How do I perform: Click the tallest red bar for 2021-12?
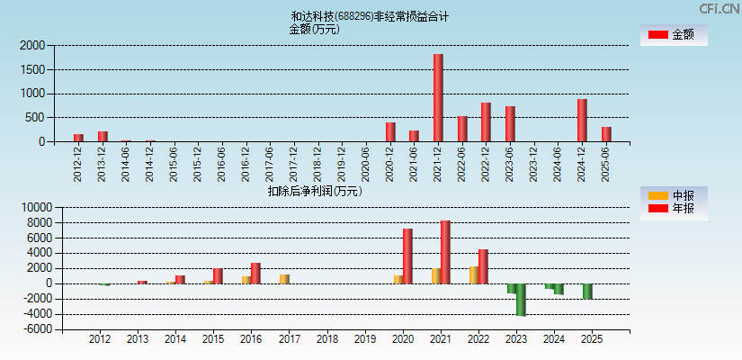pos(438,97)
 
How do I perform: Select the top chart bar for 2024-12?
pos(582,120)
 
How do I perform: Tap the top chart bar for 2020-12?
pos(390,131)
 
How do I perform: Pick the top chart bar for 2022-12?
pos(486,121)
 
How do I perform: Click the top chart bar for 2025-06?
pos(606,134)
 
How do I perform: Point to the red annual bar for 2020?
pos(407,256)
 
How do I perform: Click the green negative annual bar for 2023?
pos(521,300)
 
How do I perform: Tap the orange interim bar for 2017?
pos(284,279)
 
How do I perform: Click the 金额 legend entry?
pos(674,34)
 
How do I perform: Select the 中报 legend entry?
pos(674,195)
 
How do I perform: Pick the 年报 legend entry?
pos(674,209)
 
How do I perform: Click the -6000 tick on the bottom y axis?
pos(35,329)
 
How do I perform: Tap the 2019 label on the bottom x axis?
pos(364,339)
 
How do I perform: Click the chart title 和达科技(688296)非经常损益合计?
pos(370,16)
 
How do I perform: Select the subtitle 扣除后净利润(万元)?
pos(314,191)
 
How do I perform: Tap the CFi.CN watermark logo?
pos(719,8)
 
